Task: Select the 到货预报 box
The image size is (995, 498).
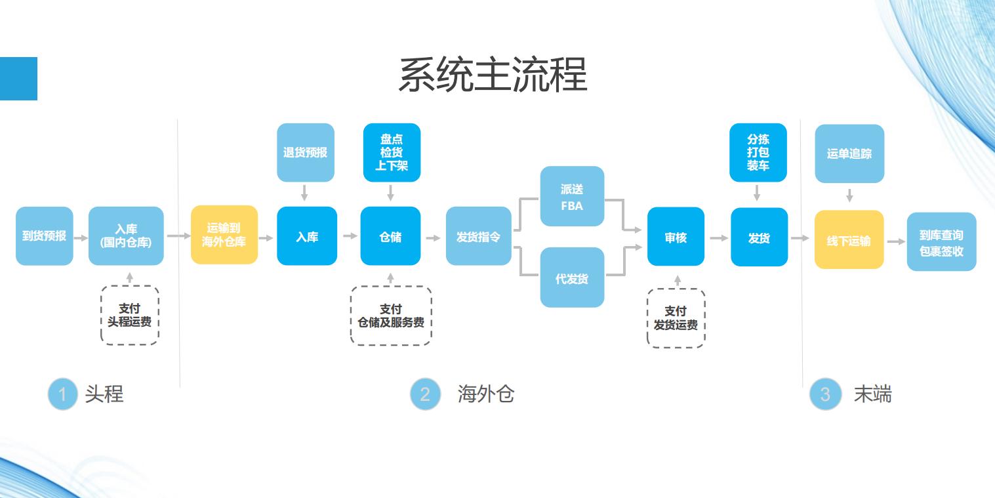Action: tap(45, 236)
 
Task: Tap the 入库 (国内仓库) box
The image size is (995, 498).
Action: tap(126, 236)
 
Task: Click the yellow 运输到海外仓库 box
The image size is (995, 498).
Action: tap(224, 235)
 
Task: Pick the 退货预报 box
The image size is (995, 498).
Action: tap(306, 152)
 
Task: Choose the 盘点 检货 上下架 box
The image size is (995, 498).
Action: tap(392, 152)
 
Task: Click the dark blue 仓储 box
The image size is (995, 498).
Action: tap(391, 236)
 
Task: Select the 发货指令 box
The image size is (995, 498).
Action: tap(479, 236)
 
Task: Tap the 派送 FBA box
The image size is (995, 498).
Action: tap(572, 196)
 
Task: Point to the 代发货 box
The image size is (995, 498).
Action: tap(572, 278)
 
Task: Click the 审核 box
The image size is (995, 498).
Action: tap(676, 237)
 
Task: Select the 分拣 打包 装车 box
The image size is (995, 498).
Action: tap(758, 152)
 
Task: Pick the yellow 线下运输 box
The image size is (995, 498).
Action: tap(849, 239)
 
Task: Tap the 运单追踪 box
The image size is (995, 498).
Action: tap(849, 154)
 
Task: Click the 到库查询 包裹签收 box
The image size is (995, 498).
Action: tap(941, 241)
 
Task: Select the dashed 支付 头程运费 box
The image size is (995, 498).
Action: tap(130, 315)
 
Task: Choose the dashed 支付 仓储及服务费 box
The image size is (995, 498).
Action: tap(391, 316)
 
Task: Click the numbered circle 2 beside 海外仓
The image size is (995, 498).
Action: tap(425, 394)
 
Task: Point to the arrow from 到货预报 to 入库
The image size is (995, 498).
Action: tap(81, 237)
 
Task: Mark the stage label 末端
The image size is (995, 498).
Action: tap(872, 394)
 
